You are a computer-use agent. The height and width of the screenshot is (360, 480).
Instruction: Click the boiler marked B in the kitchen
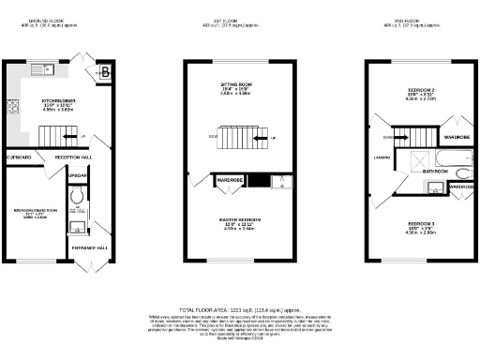(105, 72)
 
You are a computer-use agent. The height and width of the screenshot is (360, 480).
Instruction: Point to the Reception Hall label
(73, 157)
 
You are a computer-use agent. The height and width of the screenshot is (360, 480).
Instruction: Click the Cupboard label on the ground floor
(21, 157)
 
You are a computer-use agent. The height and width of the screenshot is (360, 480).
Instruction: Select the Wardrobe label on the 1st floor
(230, 179)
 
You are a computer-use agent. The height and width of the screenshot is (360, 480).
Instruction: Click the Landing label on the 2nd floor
(382, 171)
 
